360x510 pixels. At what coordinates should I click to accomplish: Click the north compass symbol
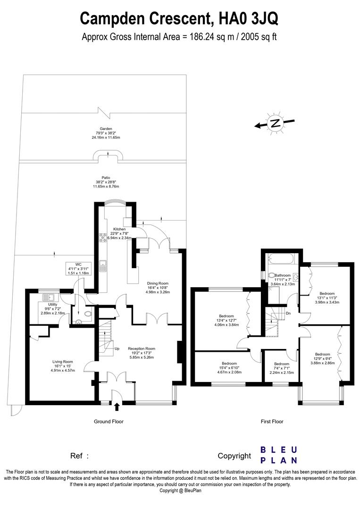point(275,123)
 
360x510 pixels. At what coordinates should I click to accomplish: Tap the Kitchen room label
point(119,233)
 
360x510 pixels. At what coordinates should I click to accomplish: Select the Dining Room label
point(158,288)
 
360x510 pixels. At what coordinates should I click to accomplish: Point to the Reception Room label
point(142,353)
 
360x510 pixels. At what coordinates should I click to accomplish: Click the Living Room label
point(63,366)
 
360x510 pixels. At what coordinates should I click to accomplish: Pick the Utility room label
point(53,309)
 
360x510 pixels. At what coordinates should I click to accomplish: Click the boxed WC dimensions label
point(78,269)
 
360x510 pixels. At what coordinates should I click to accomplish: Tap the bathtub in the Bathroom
point(281,260)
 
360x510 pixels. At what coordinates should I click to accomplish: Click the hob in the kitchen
point(103,237)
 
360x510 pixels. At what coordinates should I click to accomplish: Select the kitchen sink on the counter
point(103,266)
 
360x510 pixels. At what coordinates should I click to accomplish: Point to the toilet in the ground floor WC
point(87,314)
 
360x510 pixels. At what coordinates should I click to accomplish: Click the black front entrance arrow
point(117,407)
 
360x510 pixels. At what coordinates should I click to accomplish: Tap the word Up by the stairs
point(117,348)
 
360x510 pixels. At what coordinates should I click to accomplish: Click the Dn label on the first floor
point(288,314)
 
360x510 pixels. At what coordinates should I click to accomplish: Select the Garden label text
point(106,133)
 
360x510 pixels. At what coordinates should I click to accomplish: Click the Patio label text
point(106,182)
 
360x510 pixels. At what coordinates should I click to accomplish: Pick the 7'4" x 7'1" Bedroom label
point(281,368)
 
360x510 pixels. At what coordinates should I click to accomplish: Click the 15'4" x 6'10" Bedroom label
point(229,368)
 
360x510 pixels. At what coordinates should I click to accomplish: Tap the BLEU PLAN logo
point(279,455)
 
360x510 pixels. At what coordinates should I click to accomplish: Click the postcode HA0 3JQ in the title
point(249,18)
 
